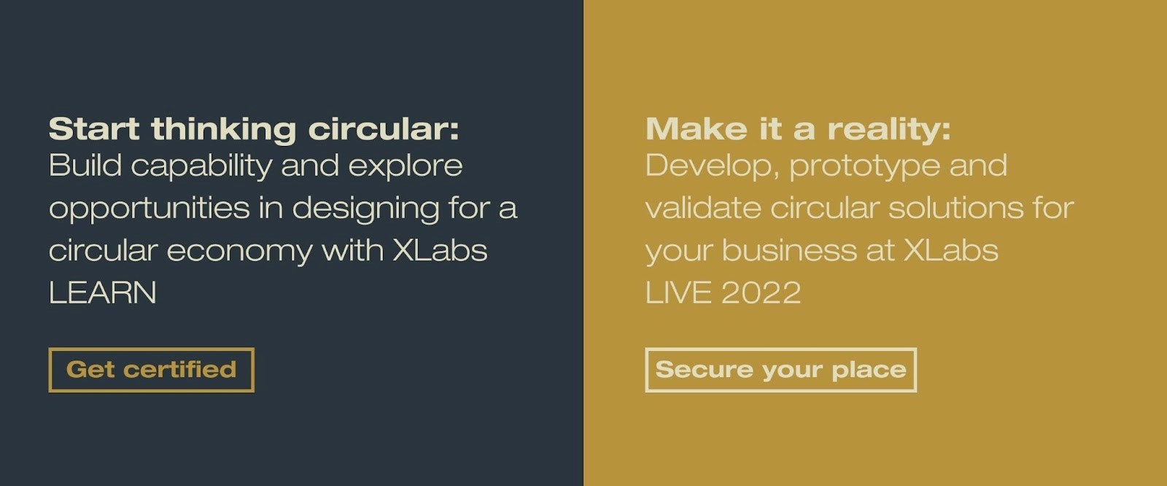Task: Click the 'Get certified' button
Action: (x=151, y=370)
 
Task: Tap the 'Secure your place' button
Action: (x=780, y=370)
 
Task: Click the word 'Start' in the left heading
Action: (x=94, y=129)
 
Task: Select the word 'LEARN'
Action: (x=103, y=293)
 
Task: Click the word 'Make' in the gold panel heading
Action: (x=697, y=129)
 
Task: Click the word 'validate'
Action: (x=703, y=207)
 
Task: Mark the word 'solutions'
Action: (x=955, y=207)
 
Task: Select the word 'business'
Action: (x=789, y=250)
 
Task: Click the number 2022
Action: (x=761, y=293)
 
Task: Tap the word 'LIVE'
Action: (x=678, y=293)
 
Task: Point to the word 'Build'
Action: (x=85, y=166)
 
